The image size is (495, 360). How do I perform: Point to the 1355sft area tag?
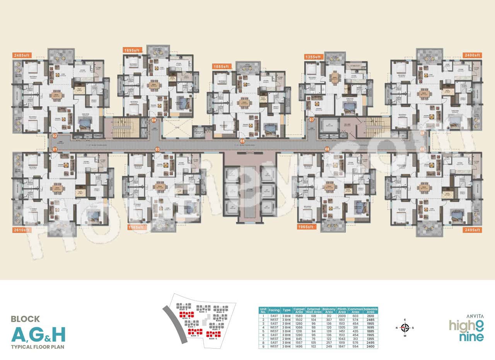[313, 57]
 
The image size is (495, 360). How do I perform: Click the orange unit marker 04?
[154, 120]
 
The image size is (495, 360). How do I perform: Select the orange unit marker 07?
[311, 120]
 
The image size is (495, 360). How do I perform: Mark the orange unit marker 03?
[157, 149]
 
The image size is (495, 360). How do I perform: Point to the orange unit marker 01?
[55, 149]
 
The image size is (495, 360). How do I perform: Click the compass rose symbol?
[405, 328]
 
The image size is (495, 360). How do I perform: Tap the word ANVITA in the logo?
[475, 315]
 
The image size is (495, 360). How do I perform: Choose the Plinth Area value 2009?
[341, 316]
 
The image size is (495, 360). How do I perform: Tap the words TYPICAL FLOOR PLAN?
[38, 346]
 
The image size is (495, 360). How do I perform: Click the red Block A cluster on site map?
[186, 314]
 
